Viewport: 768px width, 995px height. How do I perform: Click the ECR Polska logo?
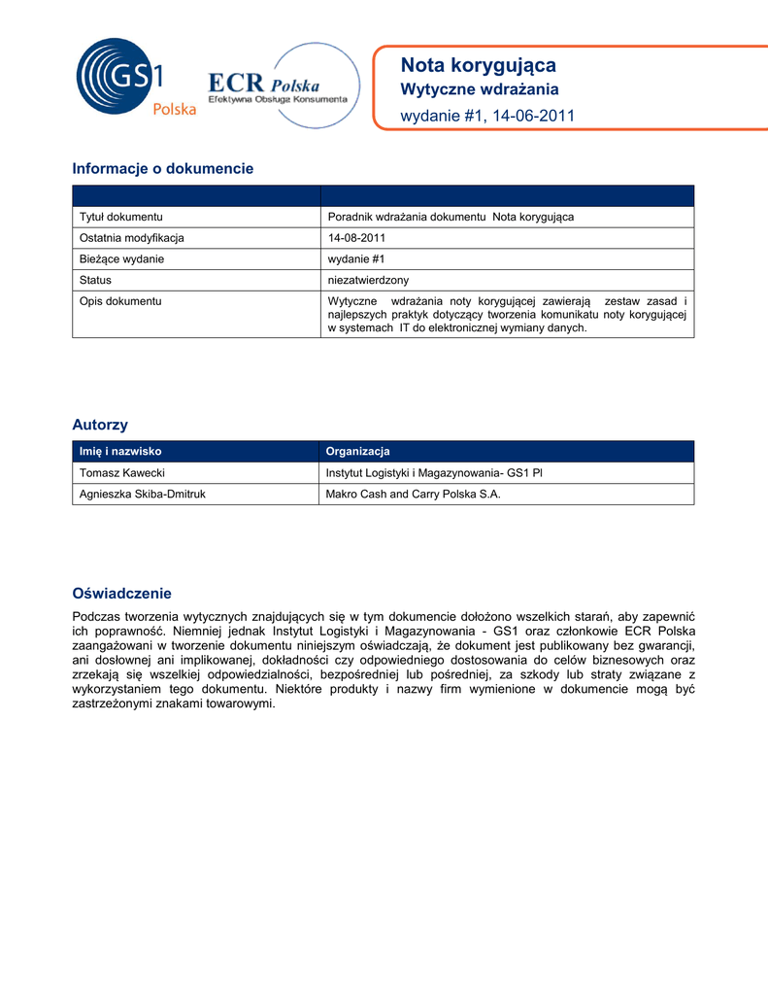(x=283, y=87)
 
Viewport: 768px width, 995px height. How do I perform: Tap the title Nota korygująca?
(x=479, y=65)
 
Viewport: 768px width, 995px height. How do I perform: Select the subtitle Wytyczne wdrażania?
(x=480, y=90)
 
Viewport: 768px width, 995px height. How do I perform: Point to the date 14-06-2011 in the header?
(x=535, y=117)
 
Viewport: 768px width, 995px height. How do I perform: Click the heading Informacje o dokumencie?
(x=163, y=169)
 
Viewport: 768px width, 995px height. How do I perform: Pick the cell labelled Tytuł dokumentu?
(x=120, y=217)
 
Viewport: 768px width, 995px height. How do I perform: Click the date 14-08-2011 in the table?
(x=357, y=237)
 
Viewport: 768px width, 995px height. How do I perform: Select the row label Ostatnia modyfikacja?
(x=132, y=237)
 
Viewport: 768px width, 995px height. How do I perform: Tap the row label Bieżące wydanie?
(x=121, y=258)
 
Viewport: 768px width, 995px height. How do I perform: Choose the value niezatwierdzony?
(x=369, y=280)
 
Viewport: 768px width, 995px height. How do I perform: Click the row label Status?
(x=95, y=280)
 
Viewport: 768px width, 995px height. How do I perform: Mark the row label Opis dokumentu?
(x=120, y=301)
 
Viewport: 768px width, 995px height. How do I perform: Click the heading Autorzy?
(x=100, y=425)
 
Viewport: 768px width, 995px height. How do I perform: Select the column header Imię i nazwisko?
(x=119, y=451)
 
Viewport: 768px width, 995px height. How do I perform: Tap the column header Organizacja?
(x=357, y=451)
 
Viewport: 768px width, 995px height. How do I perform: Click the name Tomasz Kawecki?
(x=121, y=472)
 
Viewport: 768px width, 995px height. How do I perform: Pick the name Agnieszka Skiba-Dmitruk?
(x=143, y=495)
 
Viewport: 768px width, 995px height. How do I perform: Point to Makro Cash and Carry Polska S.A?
(x=414, y=495)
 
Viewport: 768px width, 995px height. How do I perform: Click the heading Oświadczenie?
(x=122, y=593)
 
